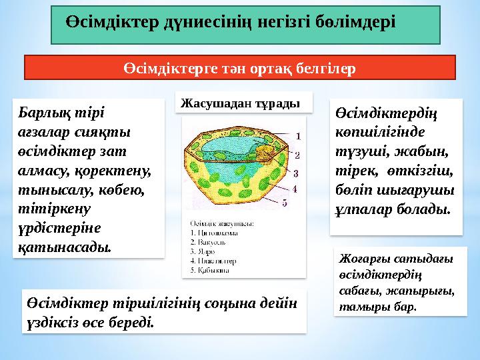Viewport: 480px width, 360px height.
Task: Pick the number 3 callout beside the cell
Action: tap(295, 173)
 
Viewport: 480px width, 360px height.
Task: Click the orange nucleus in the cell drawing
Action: tap(264, 153)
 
